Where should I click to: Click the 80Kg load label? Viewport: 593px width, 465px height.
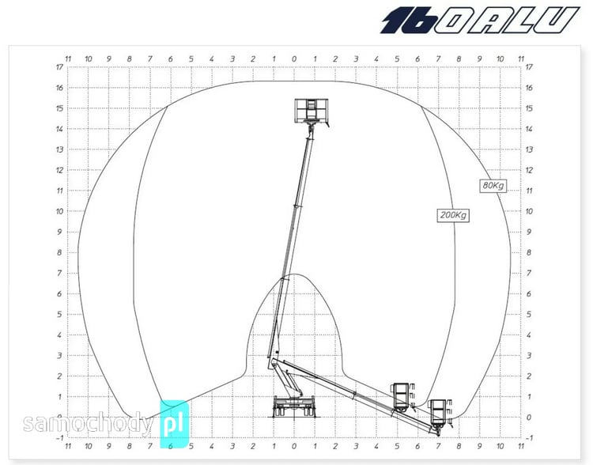pyautogui.click(x=493, y=185)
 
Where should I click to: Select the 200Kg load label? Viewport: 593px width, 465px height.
pyautogui.click(x=453, y=215)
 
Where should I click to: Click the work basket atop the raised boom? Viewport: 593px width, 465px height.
pyautogui.click(x=312, y=112)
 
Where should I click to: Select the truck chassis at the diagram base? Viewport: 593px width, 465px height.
pyautogui.click(x=294, y=406)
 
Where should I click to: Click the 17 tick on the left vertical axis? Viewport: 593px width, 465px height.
pyautogui.click(x=59, y=67)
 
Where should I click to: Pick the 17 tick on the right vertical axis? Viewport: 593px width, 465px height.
pyautogui.click(x=529, y=67)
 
